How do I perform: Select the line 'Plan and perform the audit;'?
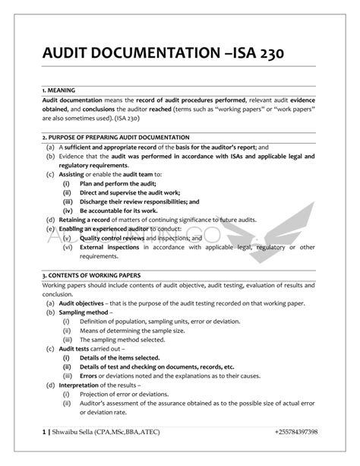pyautogui.click(x=114, y=183)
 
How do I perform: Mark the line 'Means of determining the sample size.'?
pyautogui.click(x=128, y=330)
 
